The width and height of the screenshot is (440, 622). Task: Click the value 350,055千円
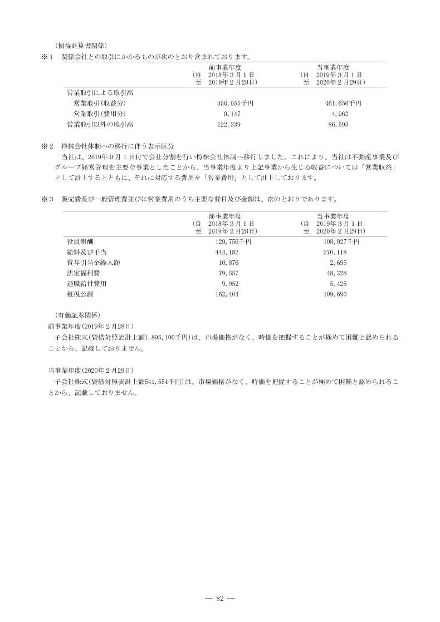click(x=235, y=103)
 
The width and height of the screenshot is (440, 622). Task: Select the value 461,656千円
click(x=343, y=103)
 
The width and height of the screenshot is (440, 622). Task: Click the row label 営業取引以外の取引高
click(x=100, y=125)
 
